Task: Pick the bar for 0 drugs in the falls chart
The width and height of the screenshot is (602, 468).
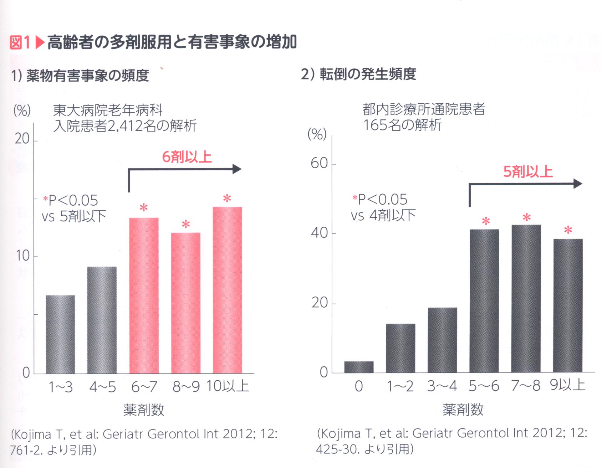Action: pos(359,367)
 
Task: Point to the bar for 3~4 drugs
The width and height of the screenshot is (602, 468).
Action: pos(442,340)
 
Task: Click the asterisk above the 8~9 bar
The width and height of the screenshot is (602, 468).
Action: pos(185,225)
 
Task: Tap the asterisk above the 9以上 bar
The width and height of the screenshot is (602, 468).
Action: pos(568,231)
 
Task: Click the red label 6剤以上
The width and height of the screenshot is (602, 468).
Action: pos(187,157)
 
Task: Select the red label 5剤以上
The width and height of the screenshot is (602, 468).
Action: pos(528,172)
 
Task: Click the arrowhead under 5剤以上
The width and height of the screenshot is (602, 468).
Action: pos(578,184)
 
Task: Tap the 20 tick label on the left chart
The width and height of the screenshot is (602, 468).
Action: pos(22,139)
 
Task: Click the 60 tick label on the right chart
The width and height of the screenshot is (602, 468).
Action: pos(318,164)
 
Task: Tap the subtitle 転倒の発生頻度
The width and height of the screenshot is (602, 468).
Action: pos(367,74)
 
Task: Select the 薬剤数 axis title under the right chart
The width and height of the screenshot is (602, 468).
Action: pos(463,410)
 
